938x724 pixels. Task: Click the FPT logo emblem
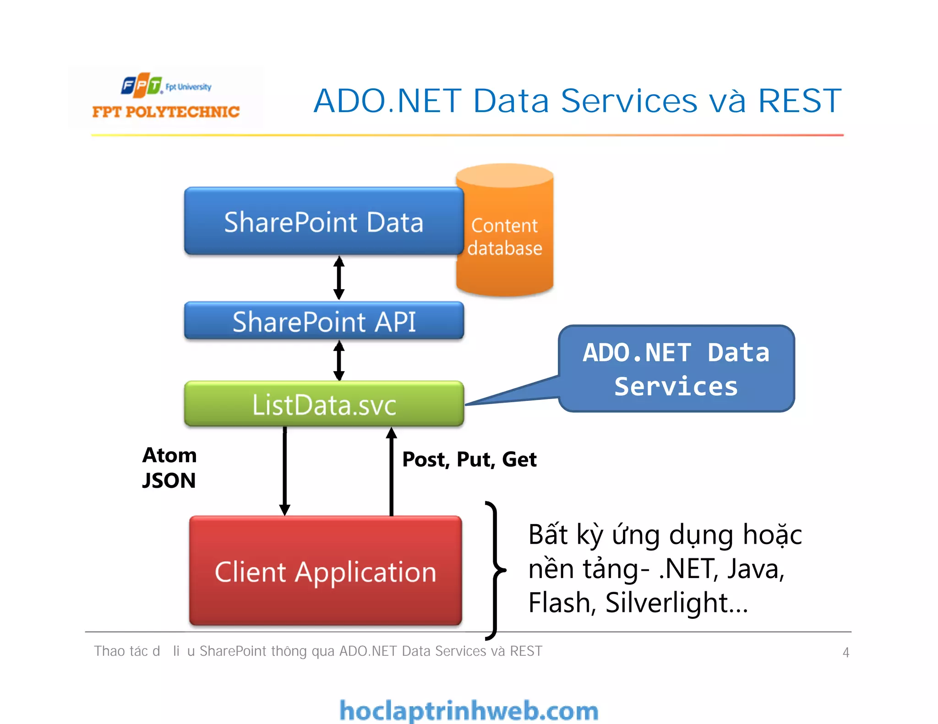(x=142, y=85)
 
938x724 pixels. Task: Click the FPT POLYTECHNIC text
(x=166, y=112)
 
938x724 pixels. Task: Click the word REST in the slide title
(x=800, y=101)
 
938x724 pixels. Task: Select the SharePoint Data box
(x=323, y=222)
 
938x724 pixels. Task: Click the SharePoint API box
(x=323, y=321)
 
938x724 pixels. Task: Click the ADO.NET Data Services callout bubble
(x=676, y=369)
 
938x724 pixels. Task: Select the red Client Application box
(x=325, y=571)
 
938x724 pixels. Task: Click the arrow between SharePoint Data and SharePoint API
(x=339, y=278)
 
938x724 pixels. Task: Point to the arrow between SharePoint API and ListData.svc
(x=339, y=360)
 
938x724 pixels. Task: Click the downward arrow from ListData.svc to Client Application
(x=284, y=471)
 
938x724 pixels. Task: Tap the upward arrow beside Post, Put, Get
(x=391, y=471)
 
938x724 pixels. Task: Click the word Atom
(x=169, y=455)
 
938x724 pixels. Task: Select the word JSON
(x=169, y=481)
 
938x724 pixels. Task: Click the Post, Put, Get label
(x=469, y=459)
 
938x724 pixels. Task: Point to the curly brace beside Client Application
(x=495, y=570)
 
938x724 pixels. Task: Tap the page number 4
(x=845, y=652)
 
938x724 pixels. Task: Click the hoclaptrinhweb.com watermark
(x=469, y=711)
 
